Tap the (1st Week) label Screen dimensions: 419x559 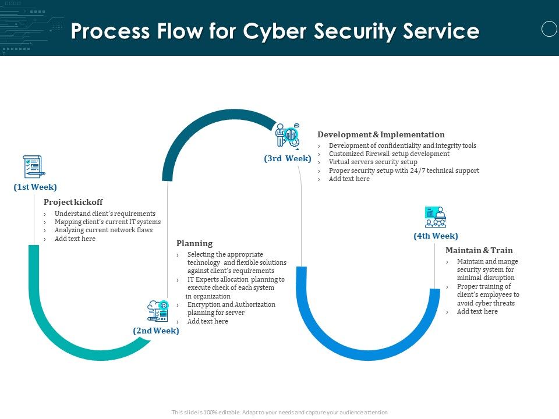click(x=36, y=187)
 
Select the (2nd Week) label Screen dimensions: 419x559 click(x=156, y=331)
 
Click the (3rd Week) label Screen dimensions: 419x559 click(x=288, y=158)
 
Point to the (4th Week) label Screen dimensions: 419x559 click(x=436, y=236)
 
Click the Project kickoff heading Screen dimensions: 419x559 click(x=73, y=202)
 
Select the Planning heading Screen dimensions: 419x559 click(x=194, y=243)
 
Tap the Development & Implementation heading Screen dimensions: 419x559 click(x=381, y=134)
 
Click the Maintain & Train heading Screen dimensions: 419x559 click(x=479, y=250)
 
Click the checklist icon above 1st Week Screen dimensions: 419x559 click(x=33, y=166)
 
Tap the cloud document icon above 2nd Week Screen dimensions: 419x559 click(x=158, y=311)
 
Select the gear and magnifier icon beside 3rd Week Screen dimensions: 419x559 click(x=287, y=135)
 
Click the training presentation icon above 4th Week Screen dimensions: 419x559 click(x=436, y=216)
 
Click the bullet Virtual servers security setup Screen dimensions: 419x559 click(x=373, y=162)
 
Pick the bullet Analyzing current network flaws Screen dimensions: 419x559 click(x=103, y=230)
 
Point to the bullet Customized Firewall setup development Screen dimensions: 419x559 click(x=389, y=154)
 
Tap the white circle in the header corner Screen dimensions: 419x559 click(x=549, y=29)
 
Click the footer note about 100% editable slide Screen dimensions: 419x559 click(x=279, y=412)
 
